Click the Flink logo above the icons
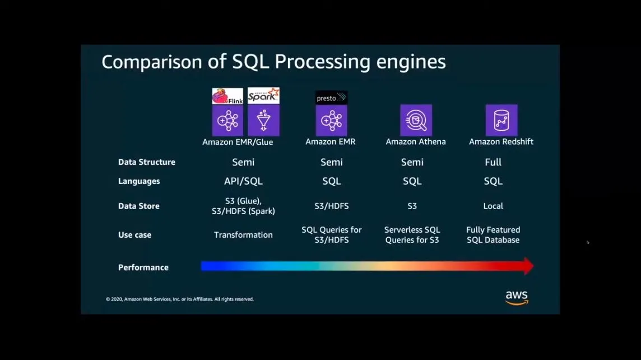click(227, 96)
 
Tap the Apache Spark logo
click(263, 95)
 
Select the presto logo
click(331, 98)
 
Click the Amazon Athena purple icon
click(416, 120)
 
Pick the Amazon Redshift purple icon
click(501, 120)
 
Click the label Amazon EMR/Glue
click(238, 142)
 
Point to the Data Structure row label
click(147, 162)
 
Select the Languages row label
click(139, 181)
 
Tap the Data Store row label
click(139, 206)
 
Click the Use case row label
click(134, 235)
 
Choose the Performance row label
click(143, 267)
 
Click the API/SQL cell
click(243, 181)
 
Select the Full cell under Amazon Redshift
click(493, 162)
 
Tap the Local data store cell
click(493, 206)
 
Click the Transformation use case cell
click(243, 235)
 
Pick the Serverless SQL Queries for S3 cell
click(412, 235)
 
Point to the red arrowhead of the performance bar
click(528, 266)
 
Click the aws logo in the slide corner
click(517, 297)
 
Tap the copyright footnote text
click(180, 299)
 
